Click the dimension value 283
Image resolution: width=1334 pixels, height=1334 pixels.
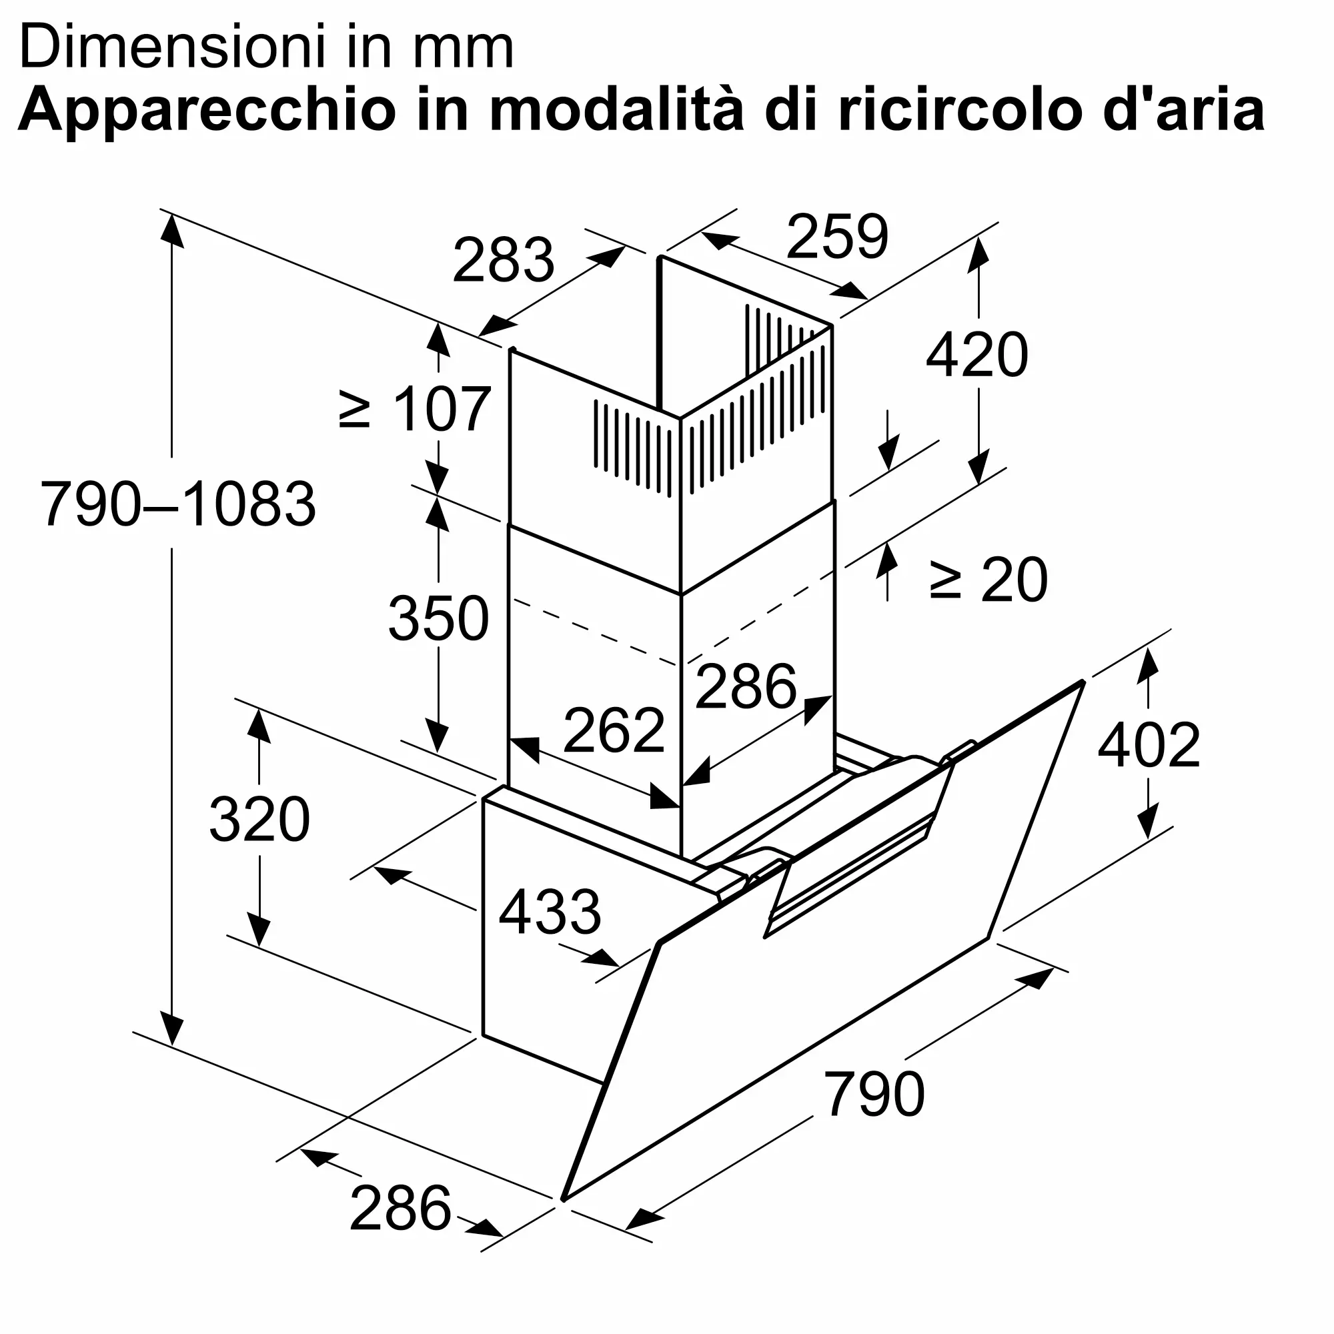(x=503, y=260)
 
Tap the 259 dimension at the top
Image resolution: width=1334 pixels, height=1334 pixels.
(x=837, y=237)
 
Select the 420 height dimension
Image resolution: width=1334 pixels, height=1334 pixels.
(x=976, y=356)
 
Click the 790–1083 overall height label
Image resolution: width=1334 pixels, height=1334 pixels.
(x=178, y=504)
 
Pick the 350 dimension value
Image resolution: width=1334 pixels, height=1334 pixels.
(x=438, y=618)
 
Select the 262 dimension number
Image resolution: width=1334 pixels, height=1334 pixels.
(x=614, y=730)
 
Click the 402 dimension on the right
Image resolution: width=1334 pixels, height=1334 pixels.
(x=1149, y=746)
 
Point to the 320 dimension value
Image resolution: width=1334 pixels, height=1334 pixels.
(x=259, y=820)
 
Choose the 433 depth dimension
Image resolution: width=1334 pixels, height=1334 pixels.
(x=550, y=912)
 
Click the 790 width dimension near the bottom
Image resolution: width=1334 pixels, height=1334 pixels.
(x=874, y=1094)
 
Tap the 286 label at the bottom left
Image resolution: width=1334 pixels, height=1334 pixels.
(x=400, y=1209)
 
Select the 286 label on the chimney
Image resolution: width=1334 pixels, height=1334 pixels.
(x=746, y=686)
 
